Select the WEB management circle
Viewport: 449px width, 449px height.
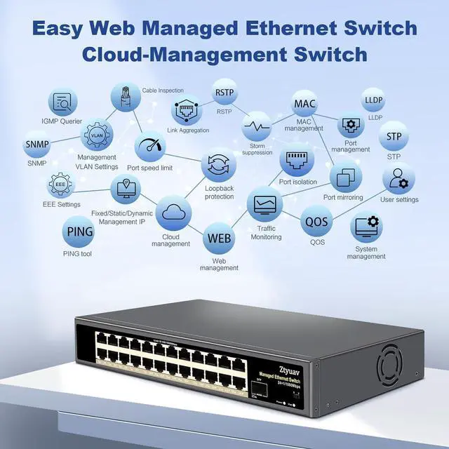217,238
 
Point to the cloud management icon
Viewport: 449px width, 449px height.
172,213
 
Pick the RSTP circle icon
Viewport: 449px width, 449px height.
224,93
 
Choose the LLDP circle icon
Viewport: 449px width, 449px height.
374,100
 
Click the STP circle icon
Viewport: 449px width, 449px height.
394,135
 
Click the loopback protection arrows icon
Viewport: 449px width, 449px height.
218,166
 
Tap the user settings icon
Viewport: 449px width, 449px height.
398,178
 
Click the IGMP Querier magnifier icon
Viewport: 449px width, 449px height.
62,104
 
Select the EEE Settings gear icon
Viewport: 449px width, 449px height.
60,186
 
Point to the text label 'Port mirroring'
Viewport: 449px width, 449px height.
343,198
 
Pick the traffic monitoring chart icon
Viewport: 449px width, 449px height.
264,203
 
